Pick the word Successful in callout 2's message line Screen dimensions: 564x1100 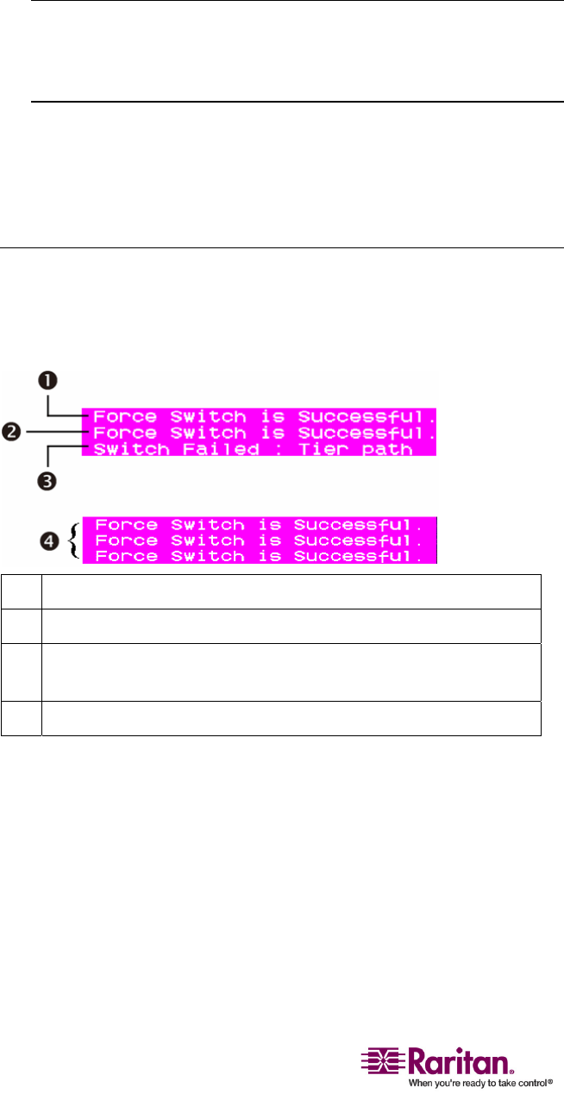[x=362, y=433]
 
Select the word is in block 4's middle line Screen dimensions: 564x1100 [x=270, y=541]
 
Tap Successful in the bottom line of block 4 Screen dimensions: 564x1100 [x=362, y=557]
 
